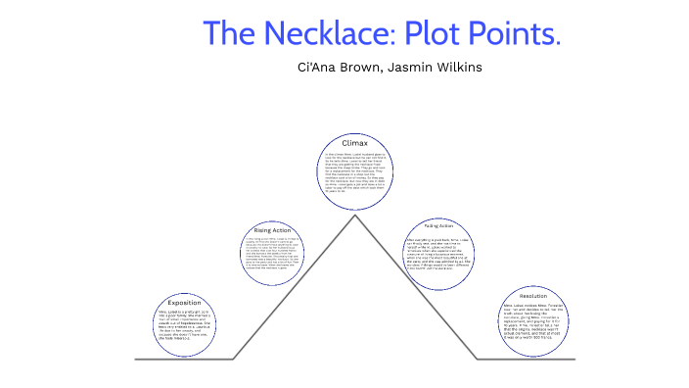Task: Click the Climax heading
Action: coord(354,144)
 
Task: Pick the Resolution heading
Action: coord(532,296)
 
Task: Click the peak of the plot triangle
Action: coord(355,215)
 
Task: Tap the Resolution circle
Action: coord(532,319)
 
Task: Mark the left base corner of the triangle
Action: coord(235,359)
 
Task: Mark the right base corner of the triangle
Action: coord(477,359)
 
